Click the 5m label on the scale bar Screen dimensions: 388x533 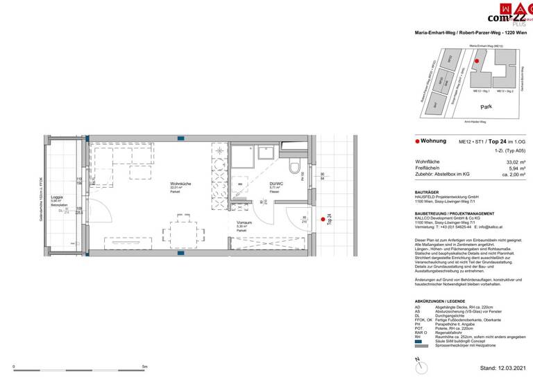(144, 367)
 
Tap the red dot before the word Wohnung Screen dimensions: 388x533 (417, 141)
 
